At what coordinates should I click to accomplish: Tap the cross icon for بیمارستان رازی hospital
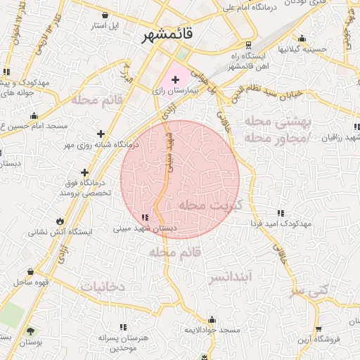tap(175, 81)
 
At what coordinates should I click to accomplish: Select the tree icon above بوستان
tap(30, 330)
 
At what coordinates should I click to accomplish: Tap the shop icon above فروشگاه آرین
tap(319, 328)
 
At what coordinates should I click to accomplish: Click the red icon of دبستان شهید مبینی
tap(145, 218)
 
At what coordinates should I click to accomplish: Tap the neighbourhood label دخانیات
tap(102, 286)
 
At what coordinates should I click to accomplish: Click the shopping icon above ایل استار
tap(105, 15)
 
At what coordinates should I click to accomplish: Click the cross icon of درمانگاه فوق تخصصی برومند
tap(85, 172)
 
